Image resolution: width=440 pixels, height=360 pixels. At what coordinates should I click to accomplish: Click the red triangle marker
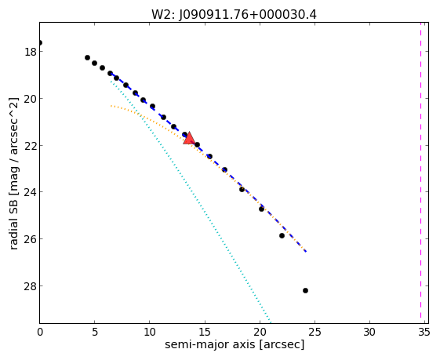coord(189,138)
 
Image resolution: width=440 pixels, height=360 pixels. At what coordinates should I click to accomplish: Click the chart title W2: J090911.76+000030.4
coord(234,15)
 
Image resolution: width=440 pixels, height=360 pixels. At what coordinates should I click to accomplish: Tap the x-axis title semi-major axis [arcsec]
coord(235,344)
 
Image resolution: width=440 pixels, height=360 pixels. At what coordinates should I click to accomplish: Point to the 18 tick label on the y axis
coord(30,52)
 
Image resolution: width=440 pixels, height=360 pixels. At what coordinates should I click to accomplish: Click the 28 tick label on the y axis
coord(30,286)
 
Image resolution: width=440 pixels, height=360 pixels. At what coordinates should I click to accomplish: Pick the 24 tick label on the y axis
coord(30,192)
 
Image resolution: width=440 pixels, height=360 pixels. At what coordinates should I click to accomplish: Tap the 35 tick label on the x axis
coord(424,333)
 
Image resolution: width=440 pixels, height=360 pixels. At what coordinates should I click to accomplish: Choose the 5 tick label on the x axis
coord(95,333)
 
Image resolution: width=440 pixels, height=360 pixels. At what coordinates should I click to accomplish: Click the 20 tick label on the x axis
coord(260,333)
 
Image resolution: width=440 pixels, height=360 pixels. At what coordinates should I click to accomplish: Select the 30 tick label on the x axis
coord(369,333)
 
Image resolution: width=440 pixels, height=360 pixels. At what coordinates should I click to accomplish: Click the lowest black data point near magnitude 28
coord(305,290)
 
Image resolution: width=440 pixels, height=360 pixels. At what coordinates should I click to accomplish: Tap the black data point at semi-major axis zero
coord(40,42)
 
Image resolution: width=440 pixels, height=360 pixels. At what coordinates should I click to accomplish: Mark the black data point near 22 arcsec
coord(282,236)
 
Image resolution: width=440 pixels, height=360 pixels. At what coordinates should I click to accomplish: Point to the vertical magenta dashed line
coord(420,170)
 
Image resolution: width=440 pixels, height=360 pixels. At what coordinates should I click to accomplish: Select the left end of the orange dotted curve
coord(111,106)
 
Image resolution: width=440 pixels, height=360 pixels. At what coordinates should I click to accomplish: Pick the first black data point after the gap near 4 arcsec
coord(87,57)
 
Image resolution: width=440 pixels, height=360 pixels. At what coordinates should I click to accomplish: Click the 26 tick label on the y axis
coord(30,238)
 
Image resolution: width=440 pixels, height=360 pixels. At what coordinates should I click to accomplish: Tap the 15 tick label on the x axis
coord(205,333)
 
